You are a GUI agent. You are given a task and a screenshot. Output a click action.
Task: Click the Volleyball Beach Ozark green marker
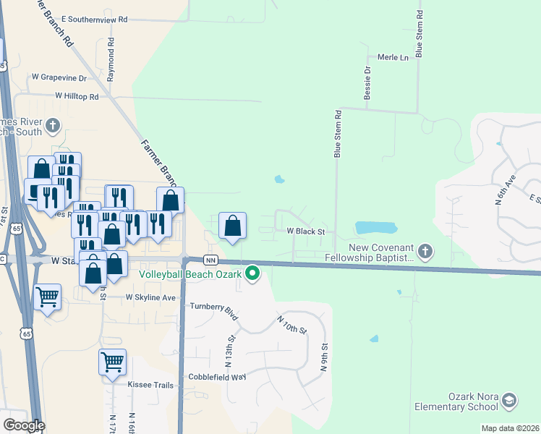point(252,273)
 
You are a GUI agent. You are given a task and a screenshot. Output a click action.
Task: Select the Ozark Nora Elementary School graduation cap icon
point(510,400)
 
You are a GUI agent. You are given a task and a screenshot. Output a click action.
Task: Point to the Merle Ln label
point(393,57)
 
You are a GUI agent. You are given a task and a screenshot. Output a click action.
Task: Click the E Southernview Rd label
point(94,20)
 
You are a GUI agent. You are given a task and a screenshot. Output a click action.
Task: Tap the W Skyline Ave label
point(150,297)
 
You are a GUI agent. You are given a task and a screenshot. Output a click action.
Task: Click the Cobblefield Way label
point(218,377)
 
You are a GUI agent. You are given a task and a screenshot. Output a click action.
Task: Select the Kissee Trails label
point(150,385)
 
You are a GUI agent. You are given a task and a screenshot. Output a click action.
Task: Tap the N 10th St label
point(291,323)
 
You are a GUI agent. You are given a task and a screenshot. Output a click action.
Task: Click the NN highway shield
point(210,260)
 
